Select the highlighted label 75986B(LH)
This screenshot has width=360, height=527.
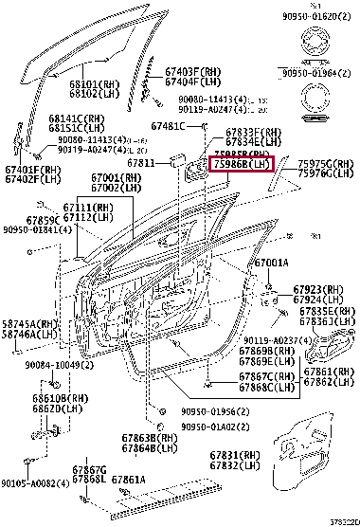pyautogui.click(x=241, y=164)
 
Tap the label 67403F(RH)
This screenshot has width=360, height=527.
pyautogui.click(x=197, y=71)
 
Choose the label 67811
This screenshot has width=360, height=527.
pyautogui.click(x=142, y=162)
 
